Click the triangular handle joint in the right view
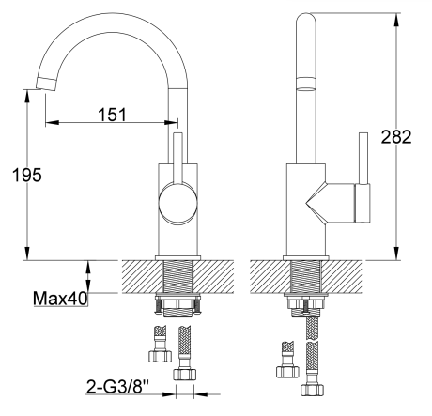323,201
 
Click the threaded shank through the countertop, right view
306,277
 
